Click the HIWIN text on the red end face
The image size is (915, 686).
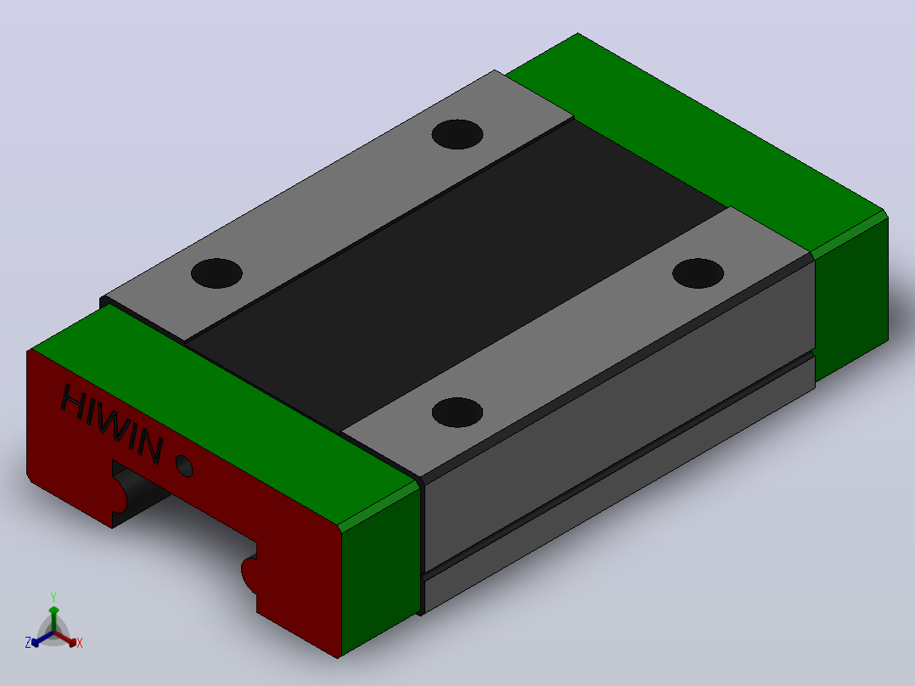(111, 424)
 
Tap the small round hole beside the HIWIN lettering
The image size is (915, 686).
(184, 465)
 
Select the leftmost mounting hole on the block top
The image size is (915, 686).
(216, 273)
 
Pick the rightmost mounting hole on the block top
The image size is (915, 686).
(698, 273)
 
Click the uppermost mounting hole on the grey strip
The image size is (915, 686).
(457, 134)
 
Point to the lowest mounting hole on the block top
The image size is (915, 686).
(457, 412)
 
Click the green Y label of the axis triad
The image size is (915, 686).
(53, 598)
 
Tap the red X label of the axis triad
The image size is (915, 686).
(80, 643)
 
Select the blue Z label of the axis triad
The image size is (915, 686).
(28, 643)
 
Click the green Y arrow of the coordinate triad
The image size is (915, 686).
(53, 619)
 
